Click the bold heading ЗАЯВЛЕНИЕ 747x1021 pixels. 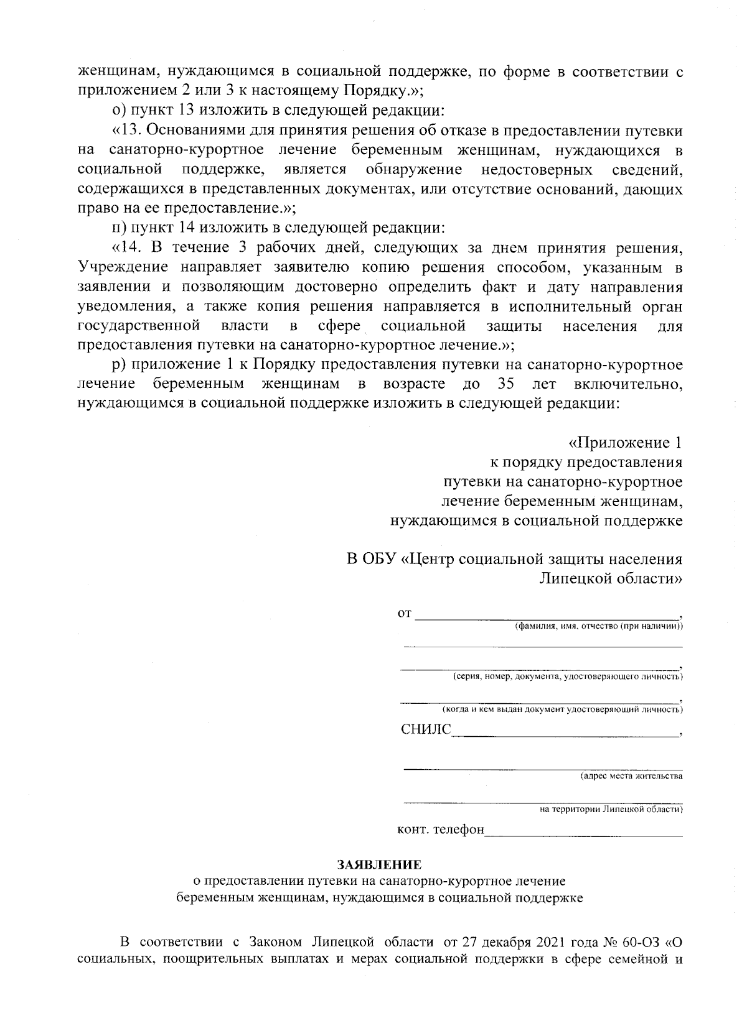[379, 864]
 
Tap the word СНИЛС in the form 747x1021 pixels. [425, 729]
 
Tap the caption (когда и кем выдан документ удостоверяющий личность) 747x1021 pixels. [562, 709]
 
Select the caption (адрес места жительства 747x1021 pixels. [631, 776]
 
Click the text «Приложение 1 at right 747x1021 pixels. [625, 443]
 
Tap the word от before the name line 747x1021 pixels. [404, 614]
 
